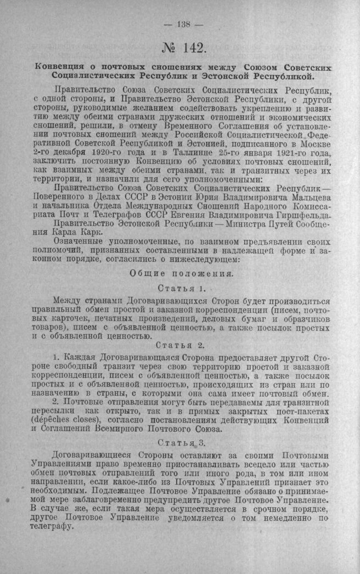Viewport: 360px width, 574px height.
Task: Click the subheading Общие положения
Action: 184,273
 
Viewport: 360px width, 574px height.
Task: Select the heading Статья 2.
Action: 181,345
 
